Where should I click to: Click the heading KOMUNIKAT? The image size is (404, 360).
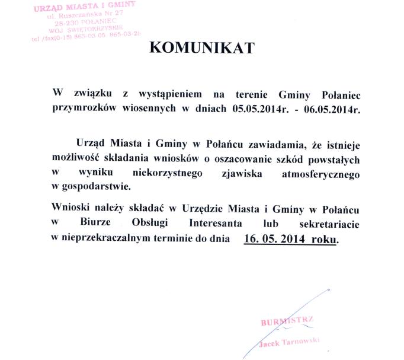coord(201,48)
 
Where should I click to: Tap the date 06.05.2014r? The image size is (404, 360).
coord(331,110)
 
